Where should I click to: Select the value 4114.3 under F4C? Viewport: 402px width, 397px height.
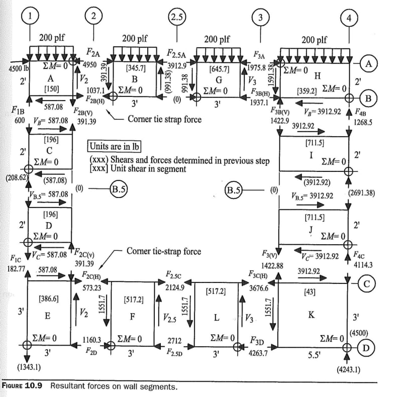[363, 263]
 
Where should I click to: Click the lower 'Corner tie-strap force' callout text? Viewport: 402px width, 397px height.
[163, 251]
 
